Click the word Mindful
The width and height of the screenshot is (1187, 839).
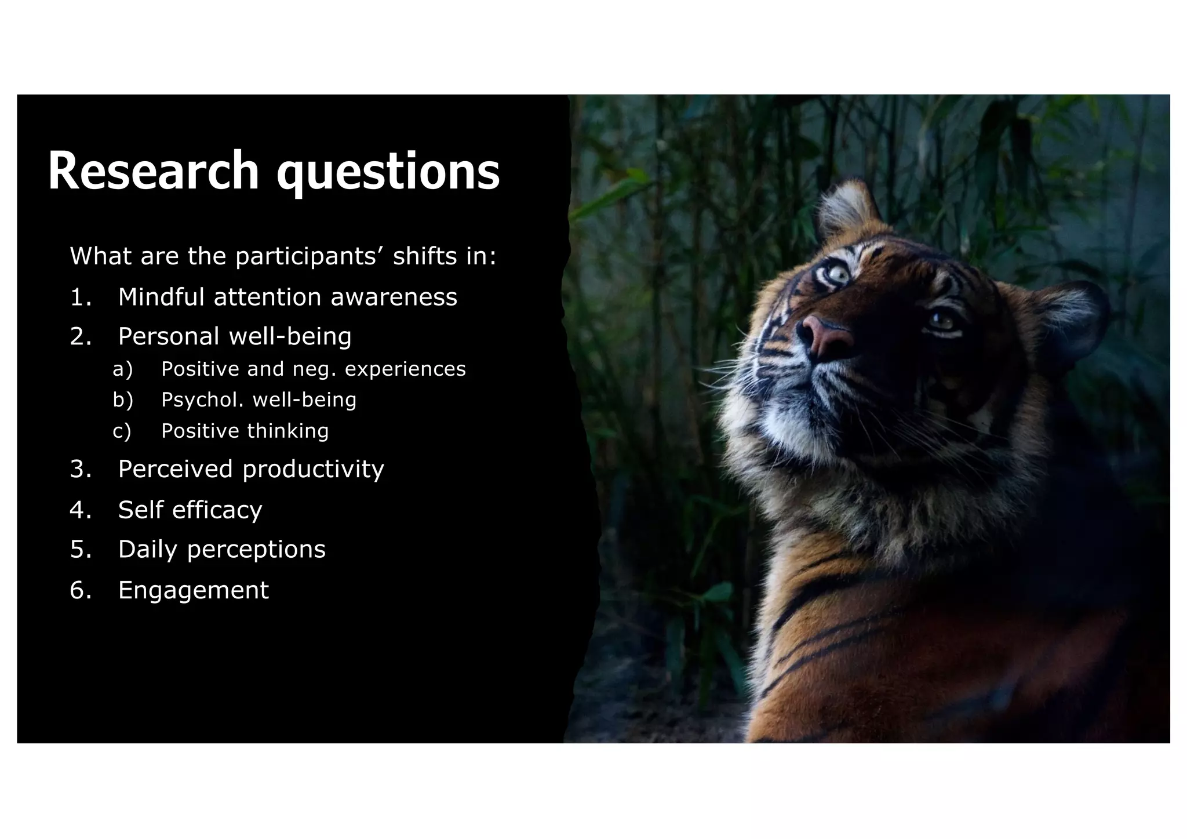coord(162,297)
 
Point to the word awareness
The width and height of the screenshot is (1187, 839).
coord(394,297)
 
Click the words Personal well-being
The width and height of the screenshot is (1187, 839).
coord(235,336)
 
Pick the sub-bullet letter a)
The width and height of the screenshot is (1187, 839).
coord(122,369)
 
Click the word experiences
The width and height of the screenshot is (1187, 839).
coord(405,369)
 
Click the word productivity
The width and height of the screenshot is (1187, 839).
coord(313,470)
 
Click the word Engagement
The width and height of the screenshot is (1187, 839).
coord(194,590)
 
